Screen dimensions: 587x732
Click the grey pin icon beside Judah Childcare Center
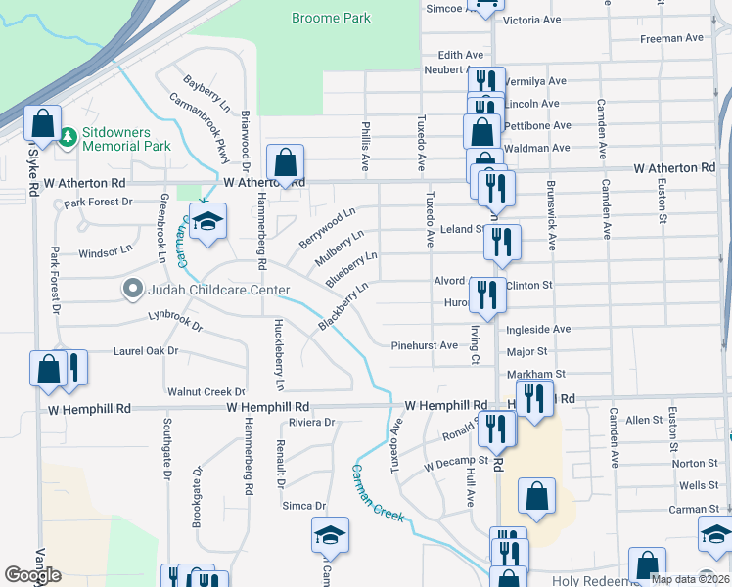click(x=132, y=289)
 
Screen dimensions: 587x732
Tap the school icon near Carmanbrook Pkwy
click(x=207, y=223)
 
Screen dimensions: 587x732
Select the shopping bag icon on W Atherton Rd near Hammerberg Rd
click(x=285, y=163)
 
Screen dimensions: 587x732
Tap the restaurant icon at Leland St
click(x=502, y=244)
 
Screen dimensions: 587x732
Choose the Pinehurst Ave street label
click(x=424, y=345)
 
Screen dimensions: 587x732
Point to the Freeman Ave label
click(x=671, y=39)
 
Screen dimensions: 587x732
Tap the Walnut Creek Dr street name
click(x=206, y=391)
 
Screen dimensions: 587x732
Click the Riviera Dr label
click(x=312, y=423)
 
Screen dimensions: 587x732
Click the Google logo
click(x=33, y=575)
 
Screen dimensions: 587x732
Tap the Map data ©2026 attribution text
click(x=688, y=579)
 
